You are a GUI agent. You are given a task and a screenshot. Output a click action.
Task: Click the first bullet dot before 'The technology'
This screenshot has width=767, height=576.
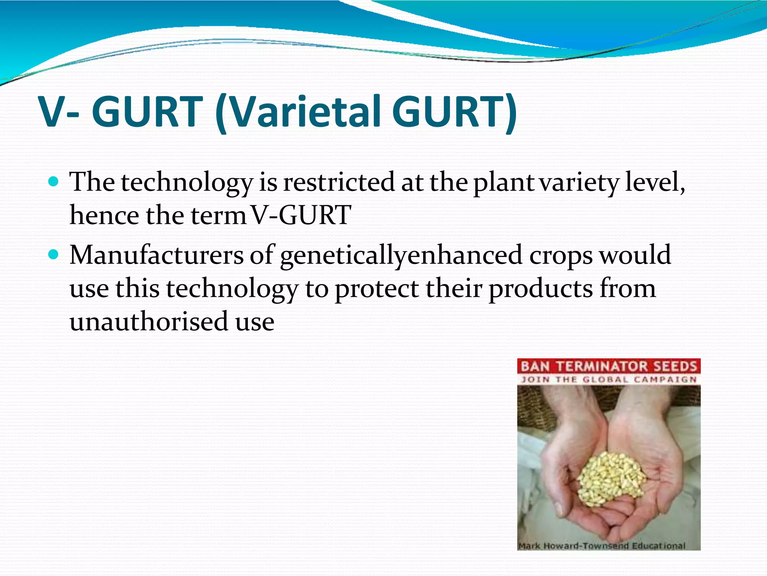(54, 182)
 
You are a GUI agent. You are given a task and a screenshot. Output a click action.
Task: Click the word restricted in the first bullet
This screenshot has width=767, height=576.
(339, 182)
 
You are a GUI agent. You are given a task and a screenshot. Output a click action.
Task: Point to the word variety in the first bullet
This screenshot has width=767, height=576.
(579, 182)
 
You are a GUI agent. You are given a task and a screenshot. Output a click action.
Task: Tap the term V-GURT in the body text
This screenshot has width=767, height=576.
(301, 215)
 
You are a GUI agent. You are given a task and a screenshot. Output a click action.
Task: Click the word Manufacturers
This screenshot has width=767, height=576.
(157, 255)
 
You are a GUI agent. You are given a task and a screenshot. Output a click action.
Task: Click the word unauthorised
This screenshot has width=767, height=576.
(149, 322)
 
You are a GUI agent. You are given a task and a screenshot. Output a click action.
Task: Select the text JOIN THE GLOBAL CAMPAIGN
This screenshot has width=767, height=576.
(609, 379)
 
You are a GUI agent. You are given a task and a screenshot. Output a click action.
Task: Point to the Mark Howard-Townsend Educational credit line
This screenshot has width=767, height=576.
(601, 546)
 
